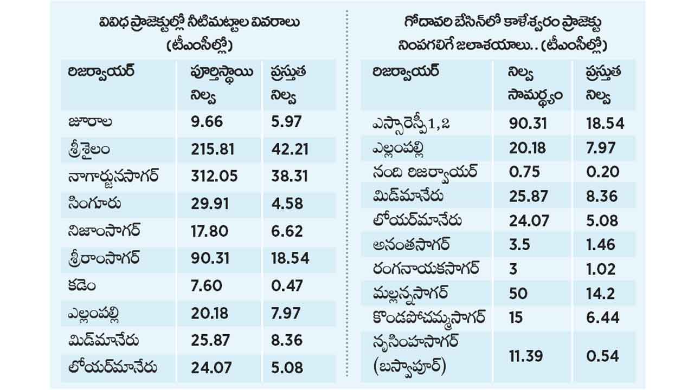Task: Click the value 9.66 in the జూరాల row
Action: [x=207, y=121]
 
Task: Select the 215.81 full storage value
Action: [x=213, y=149]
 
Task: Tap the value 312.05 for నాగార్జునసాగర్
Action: [x=214, y=177]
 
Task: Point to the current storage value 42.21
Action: [x=290, y=149]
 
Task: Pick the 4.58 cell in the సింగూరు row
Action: [x=287, y=204]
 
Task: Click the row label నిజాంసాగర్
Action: [x=104, y=231]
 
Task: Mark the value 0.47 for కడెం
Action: [x=287, y=285]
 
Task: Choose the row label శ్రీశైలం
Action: [x=89, y=150]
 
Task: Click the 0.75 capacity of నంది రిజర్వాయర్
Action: [x=524, y=172]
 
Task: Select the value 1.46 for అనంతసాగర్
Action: [x=600, y=245]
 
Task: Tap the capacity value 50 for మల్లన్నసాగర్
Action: [x=518, y=294]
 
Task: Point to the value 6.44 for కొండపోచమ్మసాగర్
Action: [x=602, y=317]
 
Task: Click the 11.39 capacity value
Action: [x=526, y=356]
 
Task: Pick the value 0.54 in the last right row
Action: [x=602, y=356]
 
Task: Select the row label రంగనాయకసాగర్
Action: [x=426, y=268]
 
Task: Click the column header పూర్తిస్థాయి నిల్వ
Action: [x=222, y=84]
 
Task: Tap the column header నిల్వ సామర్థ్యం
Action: [x=535, y=86]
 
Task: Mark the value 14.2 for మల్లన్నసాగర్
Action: [x=600, y=294]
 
